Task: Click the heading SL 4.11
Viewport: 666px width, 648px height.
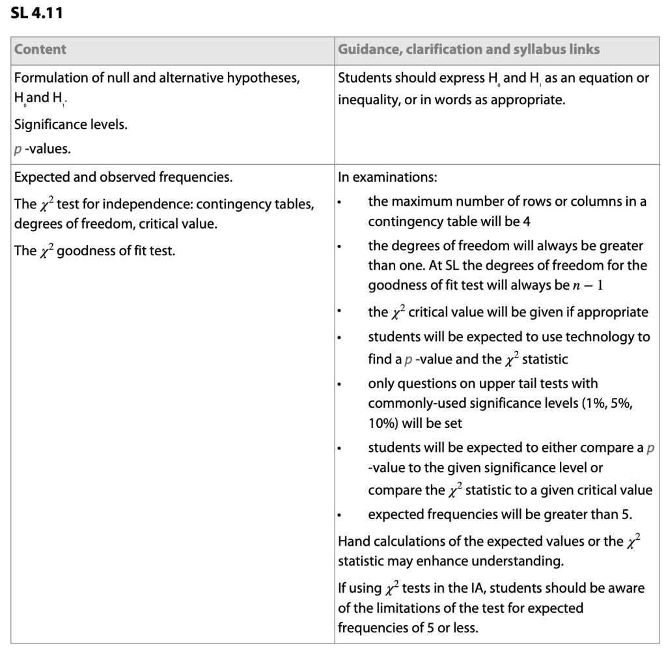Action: [x=36, y=12]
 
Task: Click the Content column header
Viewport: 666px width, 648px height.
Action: [x=40, y=49]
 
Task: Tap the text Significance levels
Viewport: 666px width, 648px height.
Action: [x=71, y=124]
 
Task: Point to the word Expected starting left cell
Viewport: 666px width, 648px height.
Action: [x=38, y=176]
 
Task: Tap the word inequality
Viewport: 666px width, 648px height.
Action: [x=366, y=102]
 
